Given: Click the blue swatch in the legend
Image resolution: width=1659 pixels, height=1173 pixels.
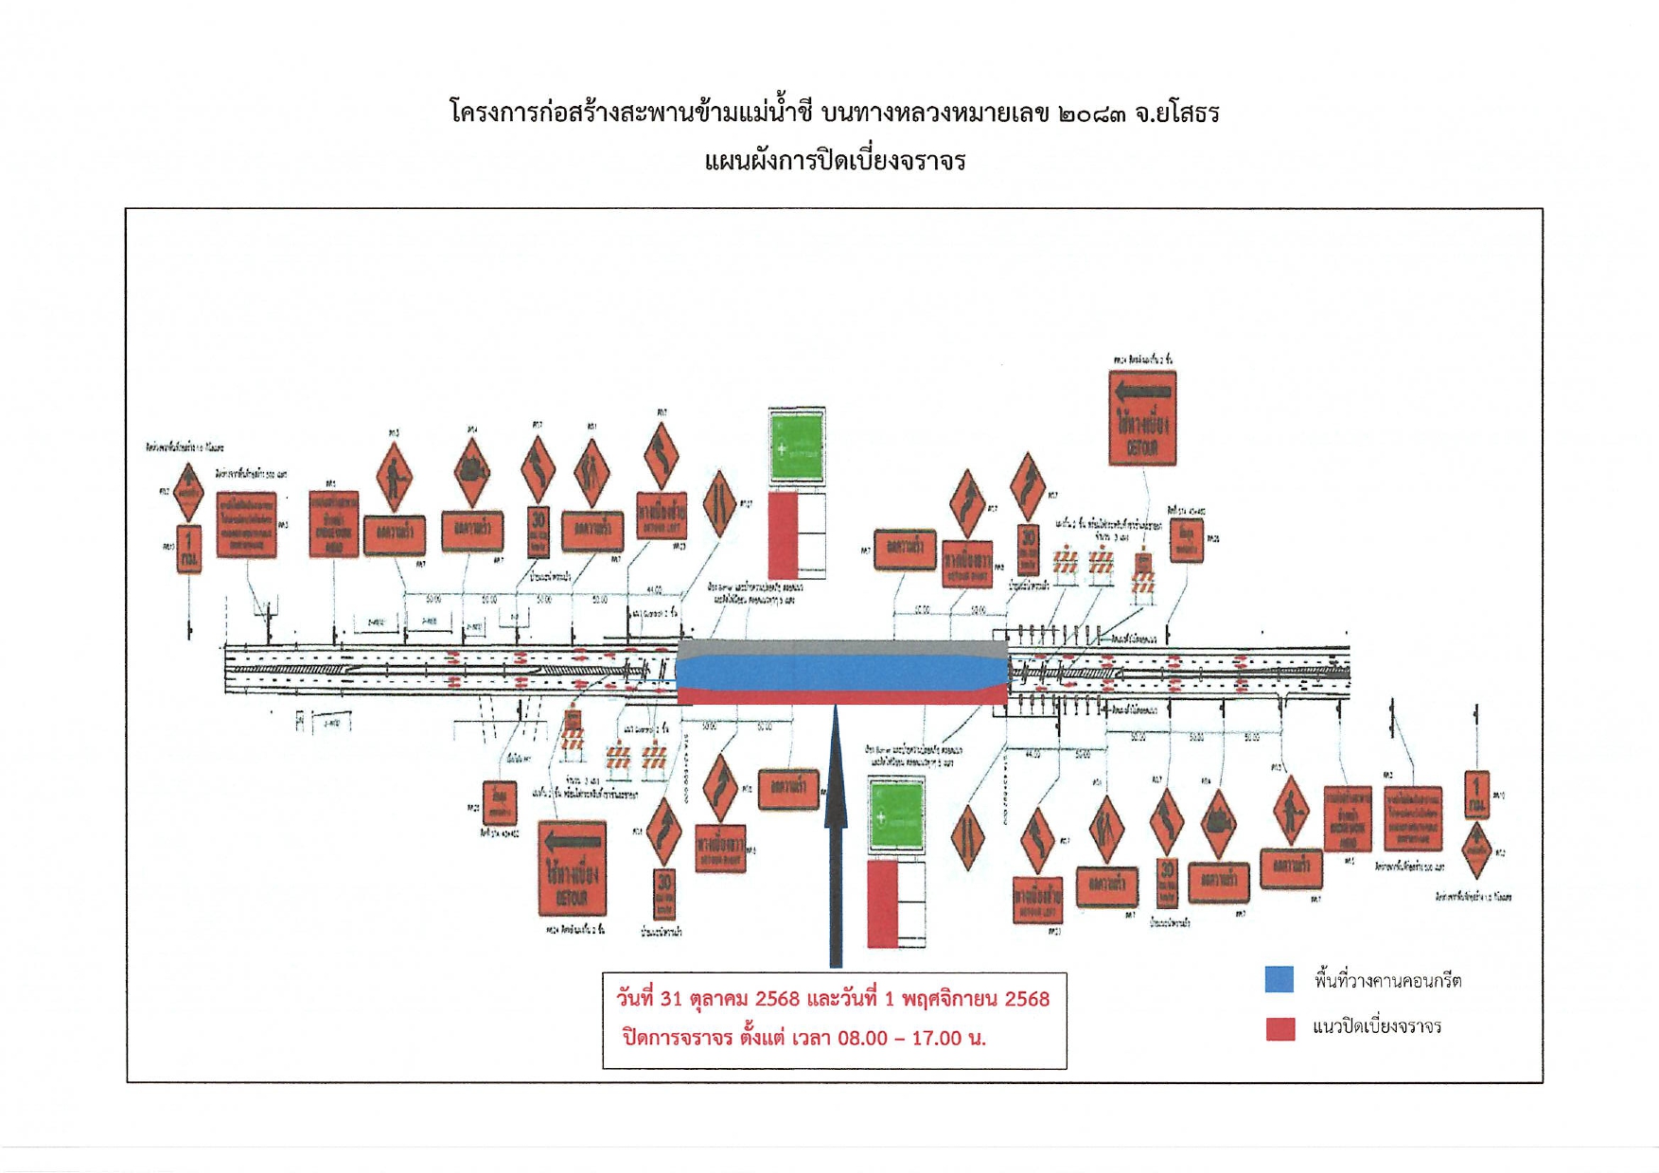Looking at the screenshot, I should [x=1279, y=979].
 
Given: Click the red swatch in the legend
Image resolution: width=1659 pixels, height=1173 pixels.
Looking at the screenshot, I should [x=1280, y=1028].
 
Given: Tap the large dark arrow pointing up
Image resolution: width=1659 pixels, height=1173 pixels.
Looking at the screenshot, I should [x=836, y=832].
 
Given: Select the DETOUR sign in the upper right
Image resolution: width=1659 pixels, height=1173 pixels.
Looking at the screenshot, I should [x=1142, y=418].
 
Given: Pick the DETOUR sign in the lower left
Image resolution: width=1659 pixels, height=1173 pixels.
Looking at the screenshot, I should [x=573, y=867].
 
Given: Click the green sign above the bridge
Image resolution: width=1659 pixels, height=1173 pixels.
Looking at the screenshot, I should [x=797, y=446].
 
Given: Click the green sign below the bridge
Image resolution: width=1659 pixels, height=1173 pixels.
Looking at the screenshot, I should [x=896, y=814].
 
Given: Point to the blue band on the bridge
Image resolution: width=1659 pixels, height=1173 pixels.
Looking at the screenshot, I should [x=842, y=673].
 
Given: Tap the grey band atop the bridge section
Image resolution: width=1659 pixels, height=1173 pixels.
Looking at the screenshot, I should [x=842, y=648].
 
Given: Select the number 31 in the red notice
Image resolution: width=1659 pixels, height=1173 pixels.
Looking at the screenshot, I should [x=671, y=999].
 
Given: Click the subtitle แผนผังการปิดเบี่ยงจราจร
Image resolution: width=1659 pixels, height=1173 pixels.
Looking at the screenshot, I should [x=835, y=161].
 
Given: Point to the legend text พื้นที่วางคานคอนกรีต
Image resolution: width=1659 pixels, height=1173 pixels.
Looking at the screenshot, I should [x=1387, y=980].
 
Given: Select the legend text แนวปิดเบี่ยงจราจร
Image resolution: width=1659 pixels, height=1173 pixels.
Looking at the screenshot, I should [x=1377, y=1027].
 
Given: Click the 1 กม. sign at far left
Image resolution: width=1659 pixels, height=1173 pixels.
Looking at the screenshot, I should [x=189, y=549].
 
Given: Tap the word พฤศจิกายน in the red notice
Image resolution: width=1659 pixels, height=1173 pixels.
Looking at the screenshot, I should [x=949, y=999].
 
